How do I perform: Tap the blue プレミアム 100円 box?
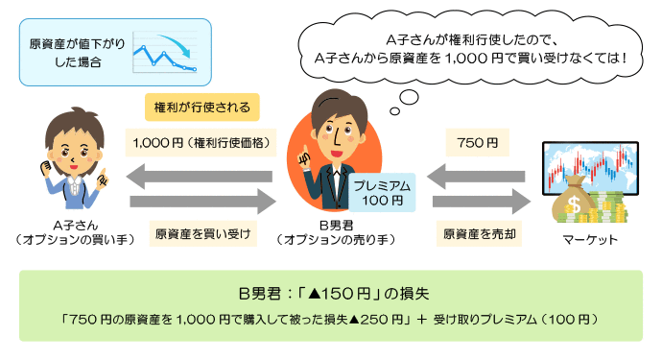(382, 192)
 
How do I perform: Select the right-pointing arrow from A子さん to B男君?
(201, 202)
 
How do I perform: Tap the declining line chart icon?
(165, 53)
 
